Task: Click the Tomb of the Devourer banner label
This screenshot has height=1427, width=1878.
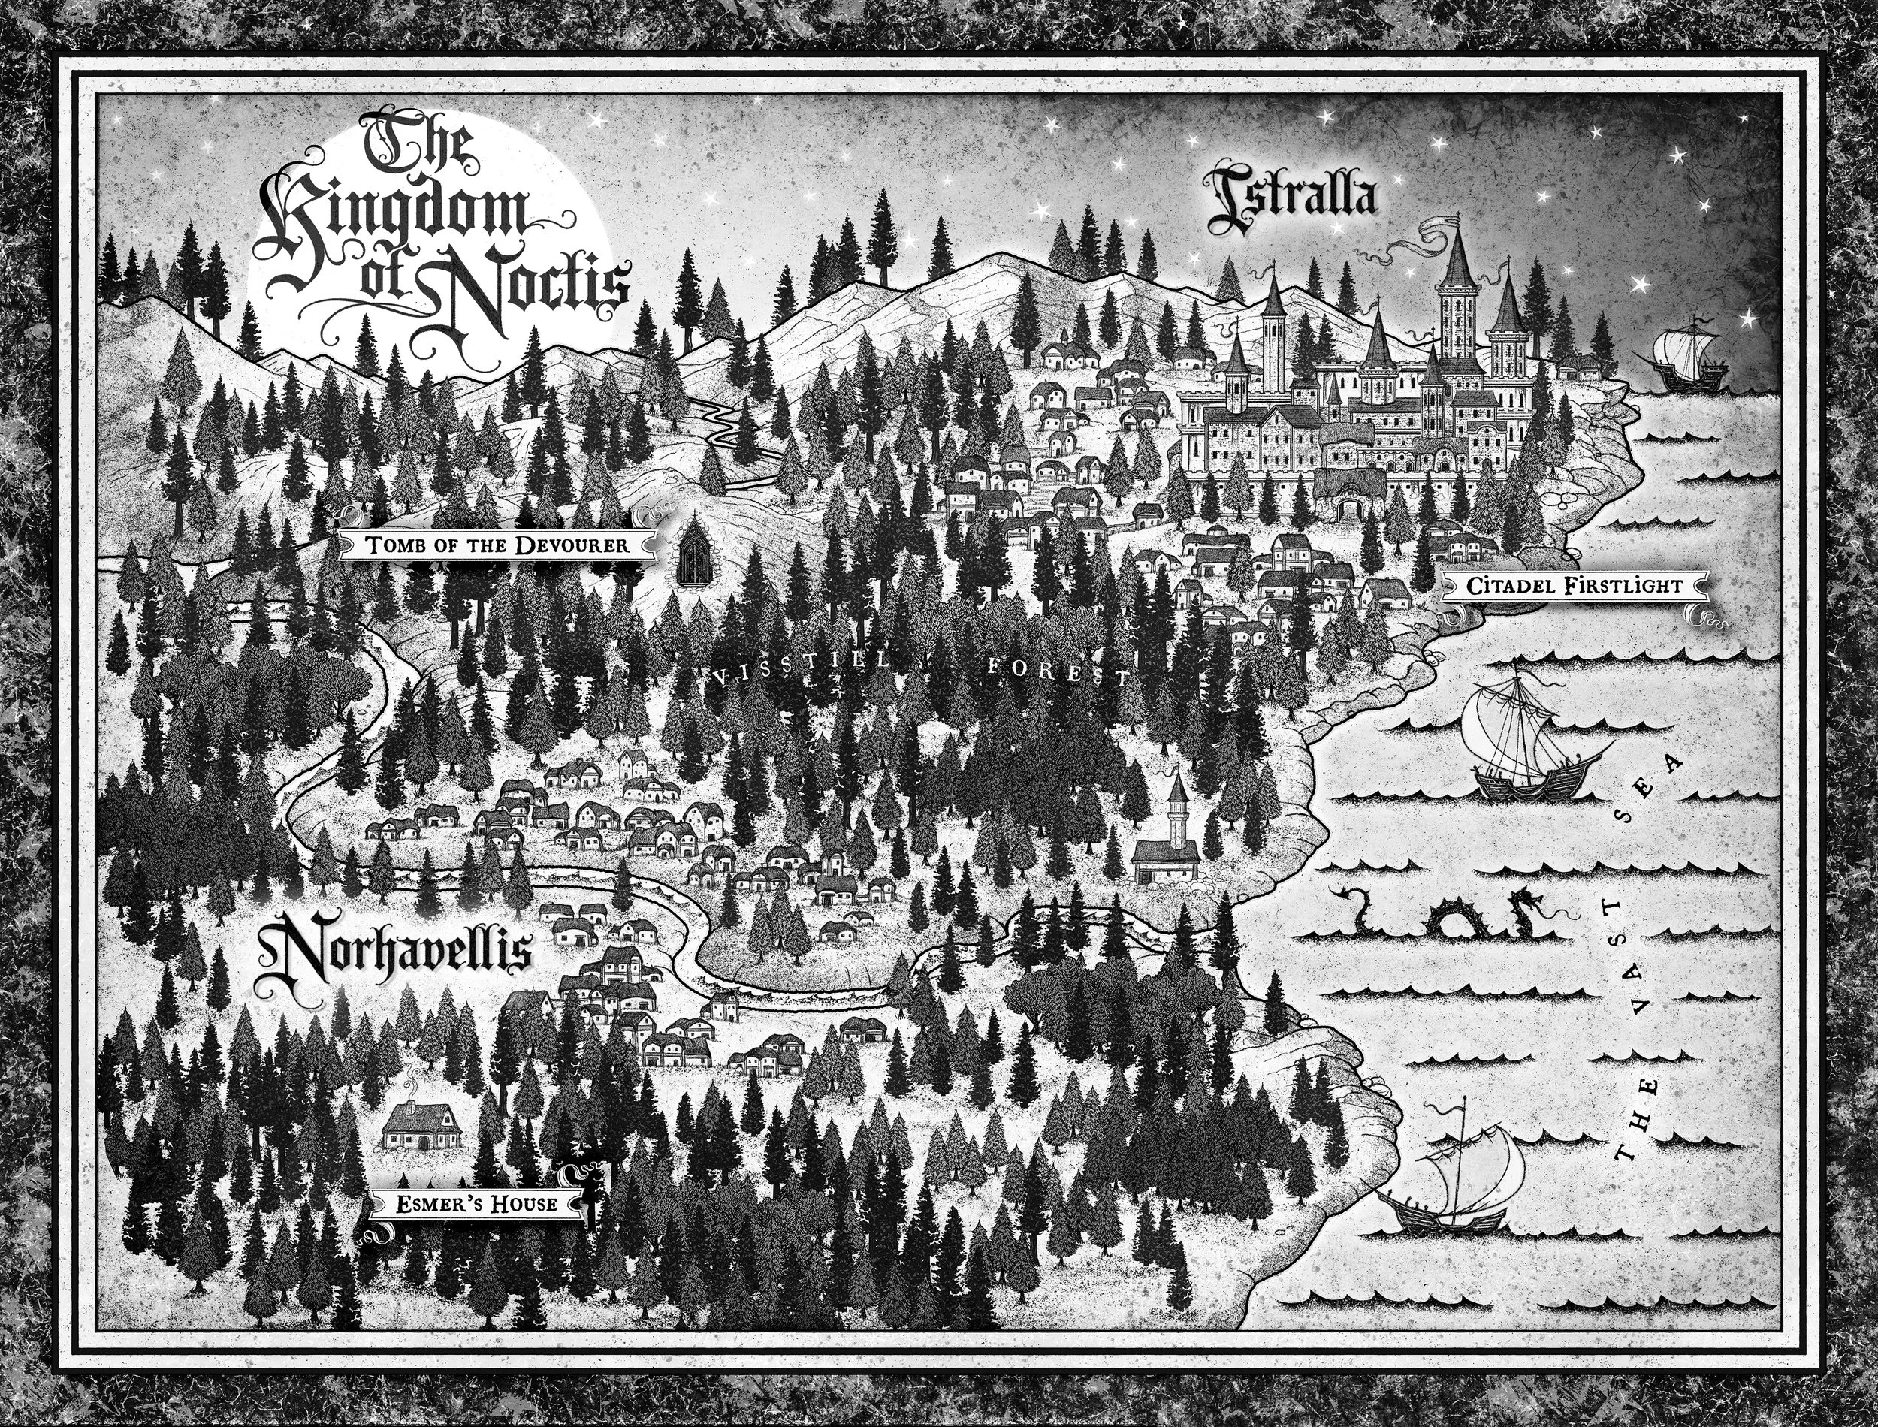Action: tap(498, 545)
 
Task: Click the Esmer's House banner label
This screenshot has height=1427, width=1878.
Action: tap(476, 1204)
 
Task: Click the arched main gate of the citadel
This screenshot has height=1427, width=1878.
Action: tap(1348, 508)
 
